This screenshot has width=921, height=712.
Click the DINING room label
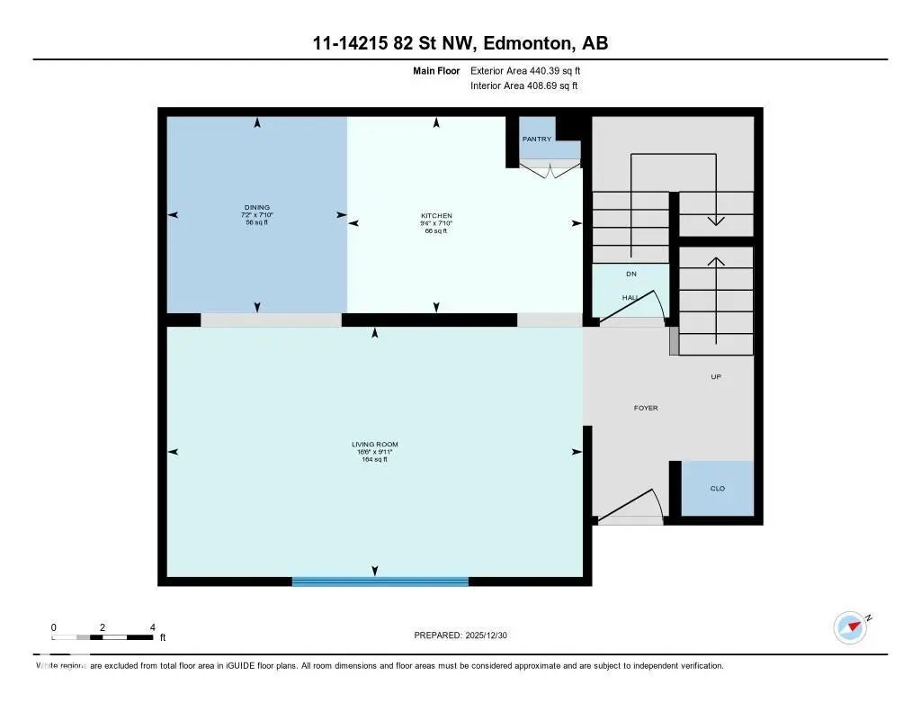(256, 208)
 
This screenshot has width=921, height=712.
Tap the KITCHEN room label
(436, 216)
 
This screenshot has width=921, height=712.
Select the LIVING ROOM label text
(374, 445)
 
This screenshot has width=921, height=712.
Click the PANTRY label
(537, 140)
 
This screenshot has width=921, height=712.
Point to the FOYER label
(646, 409)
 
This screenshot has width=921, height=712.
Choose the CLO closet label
(718, 489)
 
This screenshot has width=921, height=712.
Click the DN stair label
(631, 274)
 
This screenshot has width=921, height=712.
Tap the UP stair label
(717, 377)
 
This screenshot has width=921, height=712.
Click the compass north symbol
(850, 627)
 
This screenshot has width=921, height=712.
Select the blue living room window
(380, 581)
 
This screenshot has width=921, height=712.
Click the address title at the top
(460, 43)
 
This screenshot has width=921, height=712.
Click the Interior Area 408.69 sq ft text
(523, 86)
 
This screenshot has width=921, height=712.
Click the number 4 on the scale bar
(152, 627)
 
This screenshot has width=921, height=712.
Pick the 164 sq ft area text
(374, 460)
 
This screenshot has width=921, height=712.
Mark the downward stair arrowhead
(716, 220)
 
